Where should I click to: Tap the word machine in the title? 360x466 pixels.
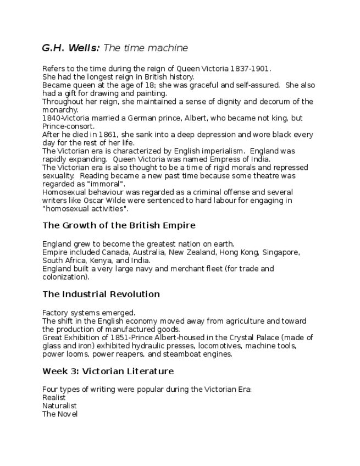(x=170, y=48)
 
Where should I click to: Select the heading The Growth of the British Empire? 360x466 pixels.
(x=119, y=225)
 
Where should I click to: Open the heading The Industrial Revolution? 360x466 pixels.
(x=101, y=295)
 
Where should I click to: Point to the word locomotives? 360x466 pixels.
(x=218, y=346)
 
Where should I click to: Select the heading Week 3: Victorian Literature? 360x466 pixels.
(x=108, y=371)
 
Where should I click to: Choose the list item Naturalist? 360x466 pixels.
(x=59, y=406)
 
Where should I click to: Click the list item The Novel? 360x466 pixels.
(x=60, y=414)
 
